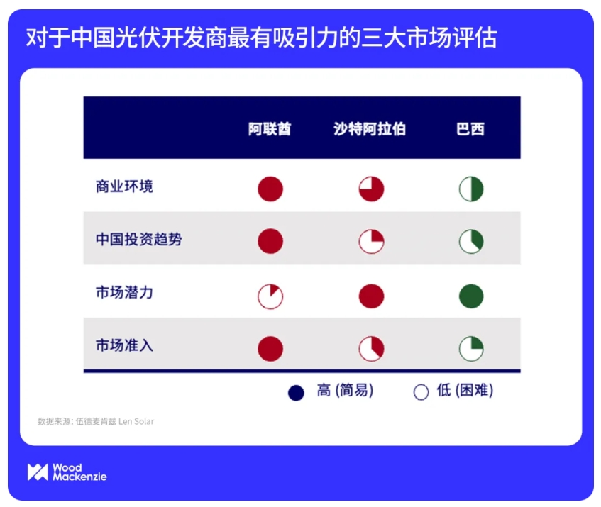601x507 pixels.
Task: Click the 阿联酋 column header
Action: (270, 128)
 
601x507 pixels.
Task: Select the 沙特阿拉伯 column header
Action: (370, 128)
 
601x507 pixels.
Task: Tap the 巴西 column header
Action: (470, 128)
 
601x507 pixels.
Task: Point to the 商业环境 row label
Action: (124, 186)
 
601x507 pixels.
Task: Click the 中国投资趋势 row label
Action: (139, 240)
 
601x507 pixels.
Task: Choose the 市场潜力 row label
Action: (124, 293)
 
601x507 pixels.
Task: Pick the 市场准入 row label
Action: (124, 345)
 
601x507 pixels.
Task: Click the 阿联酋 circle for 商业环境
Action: (270, 189)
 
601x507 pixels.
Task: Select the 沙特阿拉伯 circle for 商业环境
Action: (371, 189)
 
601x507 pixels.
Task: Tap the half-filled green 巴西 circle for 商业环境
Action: (471, 189)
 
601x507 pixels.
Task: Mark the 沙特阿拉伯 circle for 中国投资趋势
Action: (371, 241)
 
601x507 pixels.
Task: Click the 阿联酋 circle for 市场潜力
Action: (270, 296)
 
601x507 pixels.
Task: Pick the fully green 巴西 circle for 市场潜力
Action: (471, 296)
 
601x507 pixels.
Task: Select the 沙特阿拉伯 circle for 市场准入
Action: (371, 349)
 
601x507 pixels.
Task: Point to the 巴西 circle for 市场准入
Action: (471, 349)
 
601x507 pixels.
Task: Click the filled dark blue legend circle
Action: (296, 393)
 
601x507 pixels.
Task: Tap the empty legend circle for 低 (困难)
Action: (421, 392)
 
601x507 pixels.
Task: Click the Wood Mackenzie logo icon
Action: (38, 472)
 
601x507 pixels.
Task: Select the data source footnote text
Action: (96, 421)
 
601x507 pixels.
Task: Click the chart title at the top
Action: (261, 38)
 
